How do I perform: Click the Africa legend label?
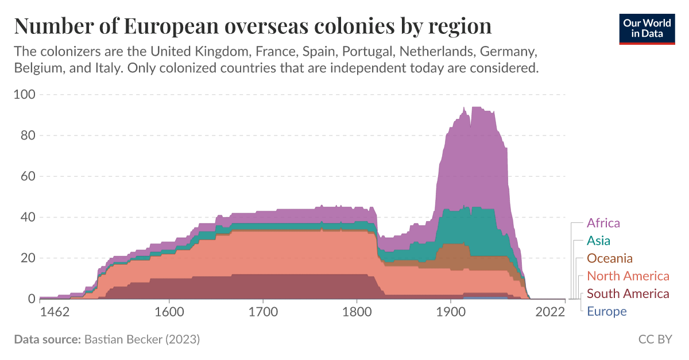click(603, 223)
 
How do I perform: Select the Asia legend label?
click(598, 241)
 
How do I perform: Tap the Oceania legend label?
click(609, 258)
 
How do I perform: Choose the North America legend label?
click(628, 276)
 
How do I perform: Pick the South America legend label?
click(628, 294)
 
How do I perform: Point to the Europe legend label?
click(606, 312)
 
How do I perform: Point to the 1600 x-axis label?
click(169, 312)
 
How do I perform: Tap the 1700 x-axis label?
click(262, 312)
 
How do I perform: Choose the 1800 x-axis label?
click(357, 312)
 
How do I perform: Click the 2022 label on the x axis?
click(550, 312)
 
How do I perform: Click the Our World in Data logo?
click(647, 28)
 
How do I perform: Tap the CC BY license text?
click(655, 339)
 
